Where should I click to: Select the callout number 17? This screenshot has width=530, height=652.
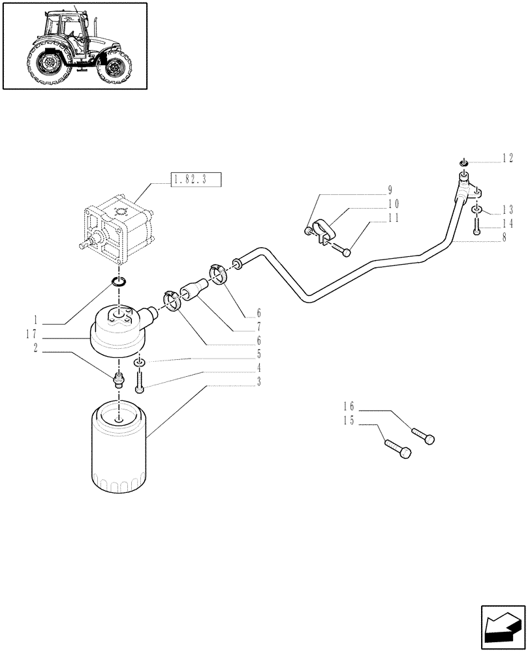pos(30,333)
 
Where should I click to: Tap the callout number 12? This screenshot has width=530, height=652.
pos(507,158)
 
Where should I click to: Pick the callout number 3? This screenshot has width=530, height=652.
pos(258,381)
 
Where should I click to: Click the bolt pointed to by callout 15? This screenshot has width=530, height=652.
pos(397,449)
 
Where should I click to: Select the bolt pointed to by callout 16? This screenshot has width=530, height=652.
pos(423,436)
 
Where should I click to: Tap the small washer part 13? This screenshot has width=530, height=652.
pos(478,209)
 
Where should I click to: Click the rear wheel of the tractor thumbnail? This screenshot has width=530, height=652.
pos(48,65)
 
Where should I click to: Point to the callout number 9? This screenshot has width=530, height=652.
pos(390,190)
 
